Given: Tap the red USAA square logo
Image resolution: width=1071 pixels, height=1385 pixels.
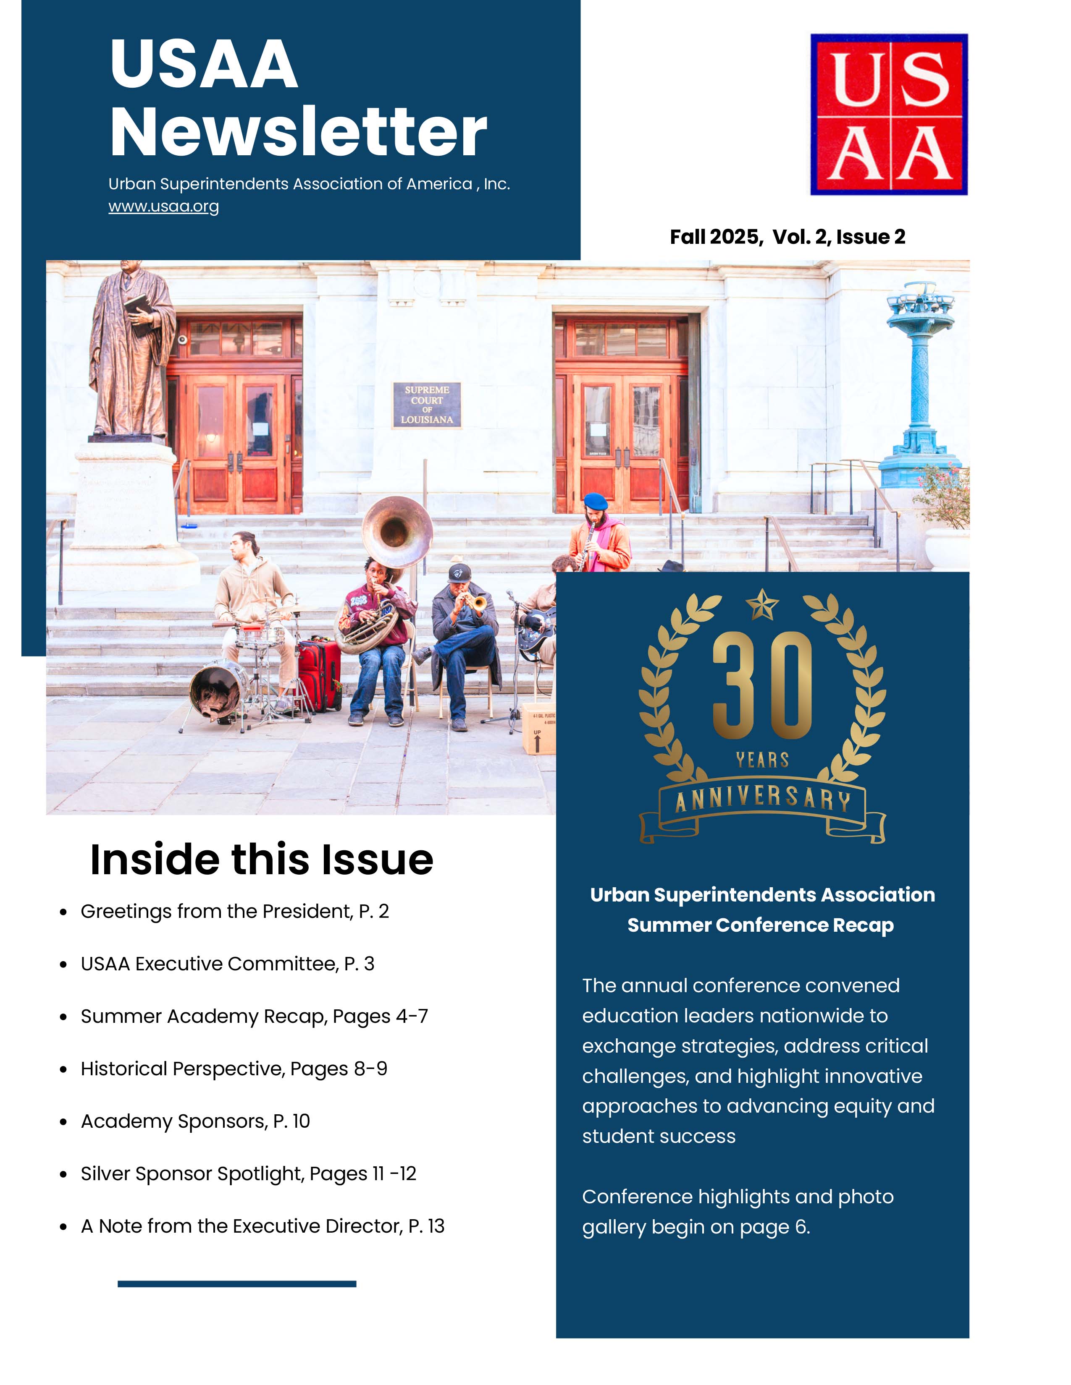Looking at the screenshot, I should (x=889, y=114).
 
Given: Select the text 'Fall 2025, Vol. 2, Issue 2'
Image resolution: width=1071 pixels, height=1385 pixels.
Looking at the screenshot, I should (x=787, y=237).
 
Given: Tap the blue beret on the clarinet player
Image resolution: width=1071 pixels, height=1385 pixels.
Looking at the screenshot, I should (x=595, y=501).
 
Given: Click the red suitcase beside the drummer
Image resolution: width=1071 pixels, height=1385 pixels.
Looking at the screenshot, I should (x=319, y=675).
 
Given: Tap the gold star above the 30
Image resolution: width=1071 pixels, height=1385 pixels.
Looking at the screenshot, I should (x=762, y=604).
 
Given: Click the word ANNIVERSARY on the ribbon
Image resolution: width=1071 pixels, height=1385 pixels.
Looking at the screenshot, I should (x=762, y=800).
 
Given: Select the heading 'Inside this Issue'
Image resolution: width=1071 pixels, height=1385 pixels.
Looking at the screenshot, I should (x=261, y=860).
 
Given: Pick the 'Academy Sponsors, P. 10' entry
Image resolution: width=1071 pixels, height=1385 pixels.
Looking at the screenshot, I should (x=195, y=1121).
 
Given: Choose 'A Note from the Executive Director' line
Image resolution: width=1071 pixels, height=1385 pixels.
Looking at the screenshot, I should (x=262, y=1226).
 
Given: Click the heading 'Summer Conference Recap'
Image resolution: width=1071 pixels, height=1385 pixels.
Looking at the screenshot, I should (x=760, y=925).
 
